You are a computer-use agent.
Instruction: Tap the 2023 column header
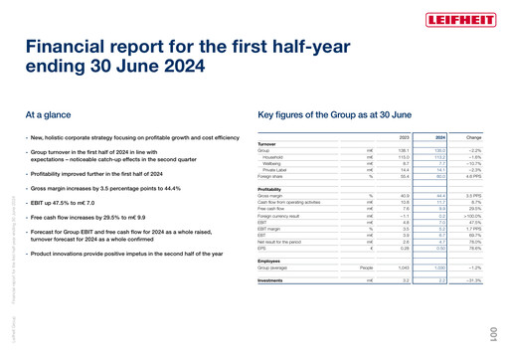pyautogui.click(x=404, y=136)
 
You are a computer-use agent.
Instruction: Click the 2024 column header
pyautogui.click(x=438, y=136)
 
